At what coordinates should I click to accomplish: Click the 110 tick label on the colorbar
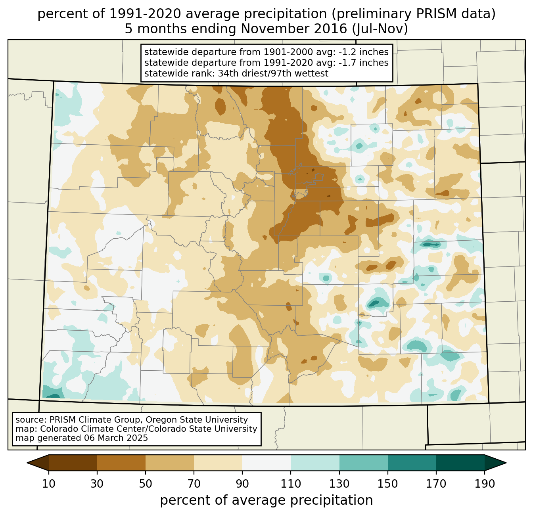(x=291, y=484)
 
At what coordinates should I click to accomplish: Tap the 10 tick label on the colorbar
(x=49, y=484)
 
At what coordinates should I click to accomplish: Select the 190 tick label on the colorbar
(x=484, y=484)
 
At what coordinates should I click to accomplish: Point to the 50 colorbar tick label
(x=146, y=484)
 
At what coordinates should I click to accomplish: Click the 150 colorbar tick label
(x=387, y=484)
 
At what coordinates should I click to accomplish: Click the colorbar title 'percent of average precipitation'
(x=266, y=500)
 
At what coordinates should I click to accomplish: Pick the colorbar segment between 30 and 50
(x=121, y=463)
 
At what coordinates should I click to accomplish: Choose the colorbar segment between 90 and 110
(x=266, y=463)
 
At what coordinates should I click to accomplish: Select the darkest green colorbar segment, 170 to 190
(x=460, y=463)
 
